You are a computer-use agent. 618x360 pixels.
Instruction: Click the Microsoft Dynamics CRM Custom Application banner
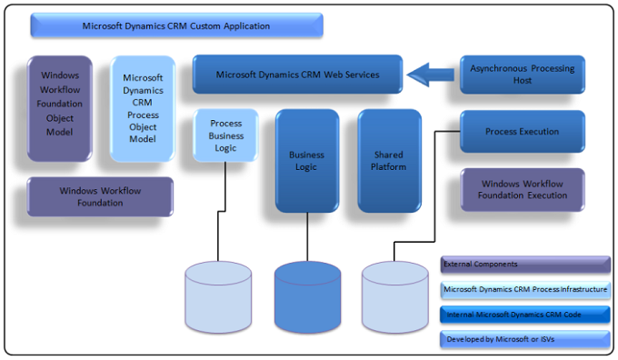tap(176, 25)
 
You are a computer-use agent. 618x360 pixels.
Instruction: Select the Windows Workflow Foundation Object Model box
tap(60, 108)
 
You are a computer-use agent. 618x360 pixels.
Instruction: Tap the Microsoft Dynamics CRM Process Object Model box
tap(143, 108)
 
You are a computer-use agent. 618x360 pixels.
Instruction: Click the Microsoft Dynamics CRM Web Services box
tap(298, 74)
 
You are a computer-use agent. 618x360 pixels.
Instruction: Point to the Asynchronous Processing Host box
tap(522, 74)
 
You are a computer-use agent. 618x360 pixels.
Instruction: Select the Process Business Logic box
tap(225, 135)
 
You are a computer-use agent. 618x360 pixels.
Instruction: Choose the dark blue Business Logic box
tap(306, 161)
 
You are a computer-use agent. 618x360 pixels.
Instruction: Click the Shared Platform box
tap(389, 161)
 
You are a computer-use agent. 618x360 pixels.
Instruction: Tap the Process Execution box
tap(522, 132)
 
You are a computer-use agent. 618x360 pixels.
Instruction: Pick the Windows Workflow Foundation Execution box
tap(522, 189)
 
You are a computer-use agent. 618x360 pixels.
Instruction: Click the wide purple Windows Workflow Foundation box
tap(99, 196)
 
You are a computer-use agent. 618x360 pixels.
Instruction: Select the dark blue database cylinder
tap(308, 296)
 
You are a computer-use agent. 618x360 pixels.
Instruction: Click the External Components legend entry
tap(524, 265)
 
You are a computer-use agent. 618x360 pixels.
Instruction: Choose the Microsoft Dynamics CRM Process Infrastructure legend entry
tap(524, 289)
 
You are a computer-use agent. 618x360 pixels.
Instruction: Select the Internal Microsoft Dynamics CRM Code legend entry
tap(524, 315)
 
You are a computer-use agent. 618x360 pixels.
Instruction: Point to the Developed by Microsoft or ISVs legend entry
tap(524, 340)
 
